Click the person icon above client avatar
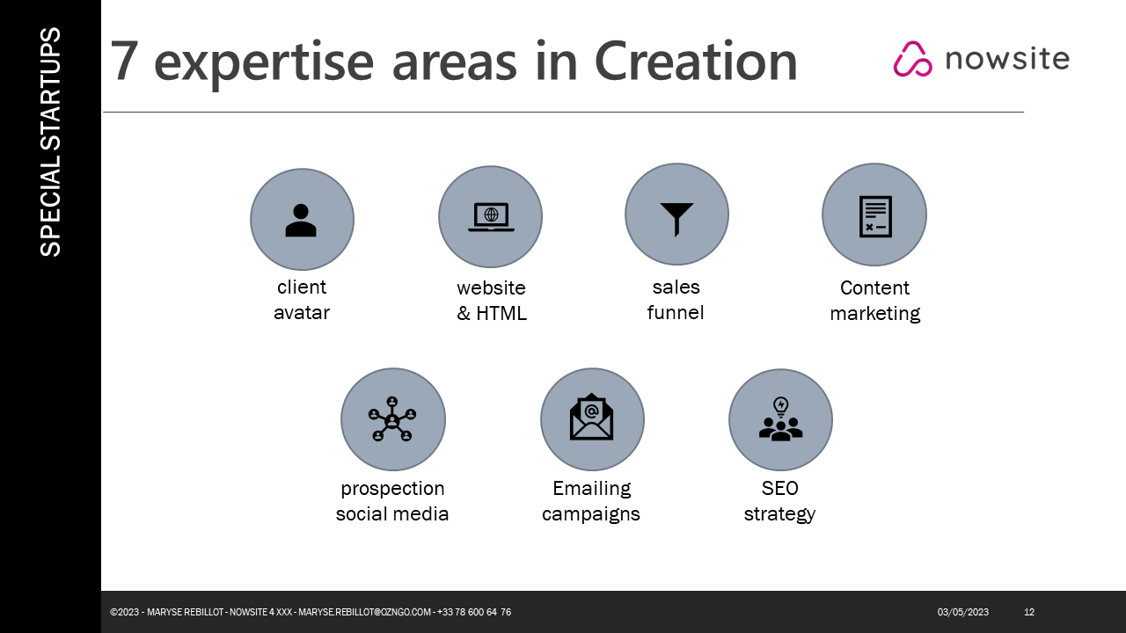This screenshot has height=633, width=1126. point(301,220)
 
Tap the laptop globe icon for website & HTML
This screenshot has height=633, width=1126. point(491,217)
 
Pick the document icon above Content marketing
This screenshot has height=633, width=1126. point(875,216)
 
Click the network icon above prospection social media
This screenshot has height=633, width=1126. point(392,419)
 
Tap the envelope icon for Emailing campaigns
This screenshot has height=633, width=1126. point(591,417)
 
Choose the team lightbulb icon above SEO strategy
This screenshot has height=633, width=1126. point(780,419)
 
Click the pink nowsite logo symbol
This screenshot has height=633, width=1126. point(912,59)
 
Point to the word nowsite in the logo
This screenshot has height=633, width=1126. point(1007,59)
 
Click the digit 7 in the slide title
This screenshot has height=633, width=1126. point(124,61)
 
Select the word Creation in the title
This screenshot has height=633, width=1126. point(696,61)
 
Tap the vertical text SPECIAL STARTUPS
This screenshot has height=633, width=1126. point(50,142)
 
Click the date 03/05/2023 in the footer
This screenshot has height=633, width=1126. point(962,612)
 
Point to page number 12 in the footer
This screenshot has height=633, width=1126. point(1029,612)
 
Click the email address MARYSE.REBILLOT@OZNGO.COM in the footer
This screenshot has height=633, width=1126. point(364,612)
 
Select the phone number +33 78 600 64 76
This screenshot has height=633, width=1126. point(474,612)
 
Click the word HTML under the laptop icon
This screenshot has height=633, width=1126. point(501,314)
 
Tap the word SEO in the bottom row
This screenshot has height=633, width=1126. point(779,488)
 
